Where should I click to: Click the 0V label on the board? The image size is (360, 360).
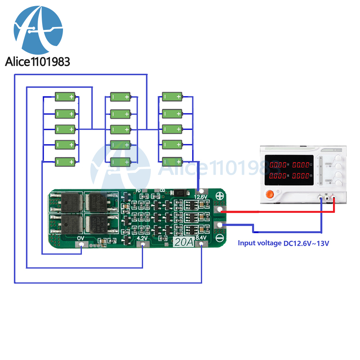tap(81, 238)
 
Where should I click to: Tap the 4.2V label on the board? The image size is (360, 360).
tap(143, 238)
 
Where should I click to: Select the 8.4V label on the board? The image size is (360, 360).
tap(201, 238)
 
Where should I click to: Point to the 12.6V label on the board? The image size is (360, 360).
tap(201, 197)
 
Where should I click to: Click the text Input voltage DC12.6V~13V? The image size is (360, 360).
tap(284, 243)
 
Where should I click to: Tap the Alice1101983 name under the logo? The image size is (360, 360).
tap(37, 61)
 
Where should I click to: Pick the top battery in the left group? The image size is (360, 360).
tap(66, 97)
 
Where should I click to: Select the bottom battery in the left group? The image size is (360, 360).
tap(66, 162)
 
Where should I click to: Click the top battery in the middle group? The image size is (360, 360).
tap(120, 97)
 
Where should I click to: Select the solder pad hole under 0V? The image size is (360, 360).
tap(82, 245)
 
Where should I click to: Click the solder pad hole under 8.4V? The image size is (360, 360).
tap(201, 245)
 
